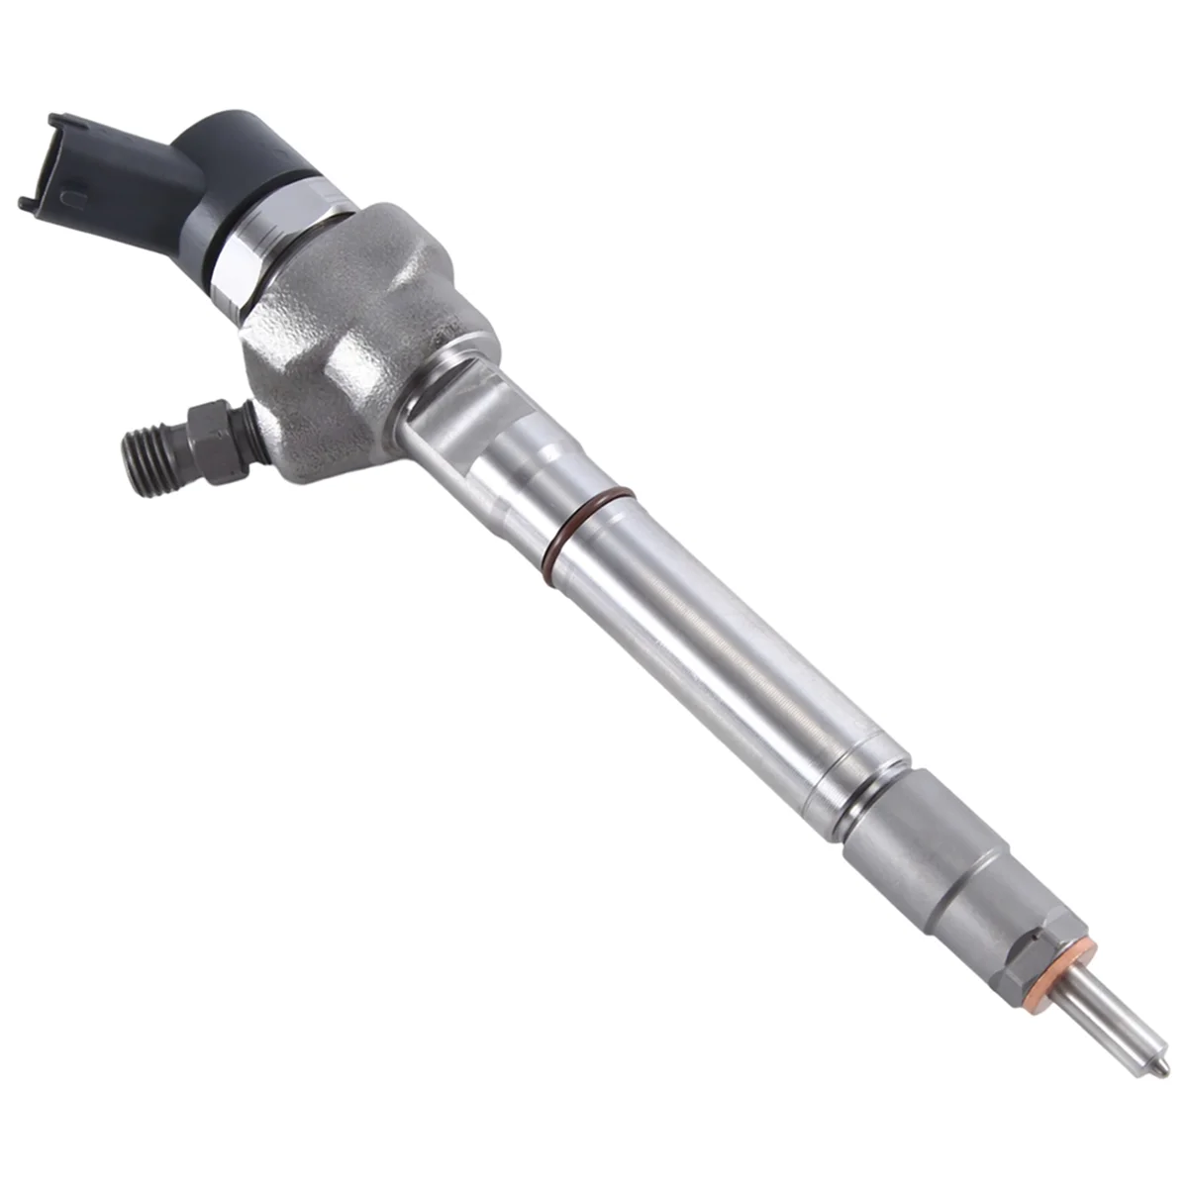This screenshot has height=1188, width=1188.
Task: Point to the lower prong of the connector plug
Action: coord(30,204)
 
